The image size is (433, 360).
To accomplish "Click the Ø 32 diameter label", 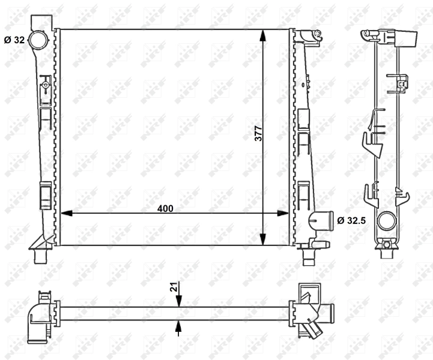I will tap(14, 41).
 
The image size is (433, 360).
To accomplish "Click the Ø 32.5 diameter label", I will tap(352, 220).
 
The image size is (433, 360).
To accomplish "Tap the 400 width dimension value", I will tap(165, 208).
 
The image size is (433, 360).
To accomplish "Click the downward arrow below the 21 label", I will tap(178, 301).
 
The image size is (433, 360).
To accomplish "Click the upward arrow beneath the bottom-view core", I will tap(178, 326).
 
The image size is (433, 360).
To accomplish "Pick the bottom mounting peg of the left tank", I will tap(40, 258).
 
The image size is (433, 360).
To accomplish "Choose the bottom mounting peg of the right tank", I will tap(309, 259).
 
